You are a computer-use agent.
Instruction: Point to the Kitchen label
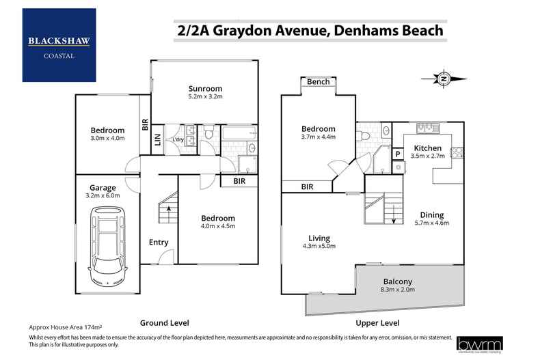coord(428,148)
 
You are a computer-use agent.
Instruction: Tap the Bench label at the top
coord(318,82)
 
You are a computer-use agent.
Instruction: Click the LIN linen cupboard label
coord(157,139)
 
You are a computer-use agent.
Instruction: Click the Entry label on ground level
coord(159,242)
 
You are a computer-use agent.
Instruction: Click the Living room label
coord(319,238)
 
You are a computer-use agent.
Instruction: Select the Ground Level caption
coord(164,322)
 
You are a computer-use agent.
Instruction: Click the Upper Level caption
coord(376,322)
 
